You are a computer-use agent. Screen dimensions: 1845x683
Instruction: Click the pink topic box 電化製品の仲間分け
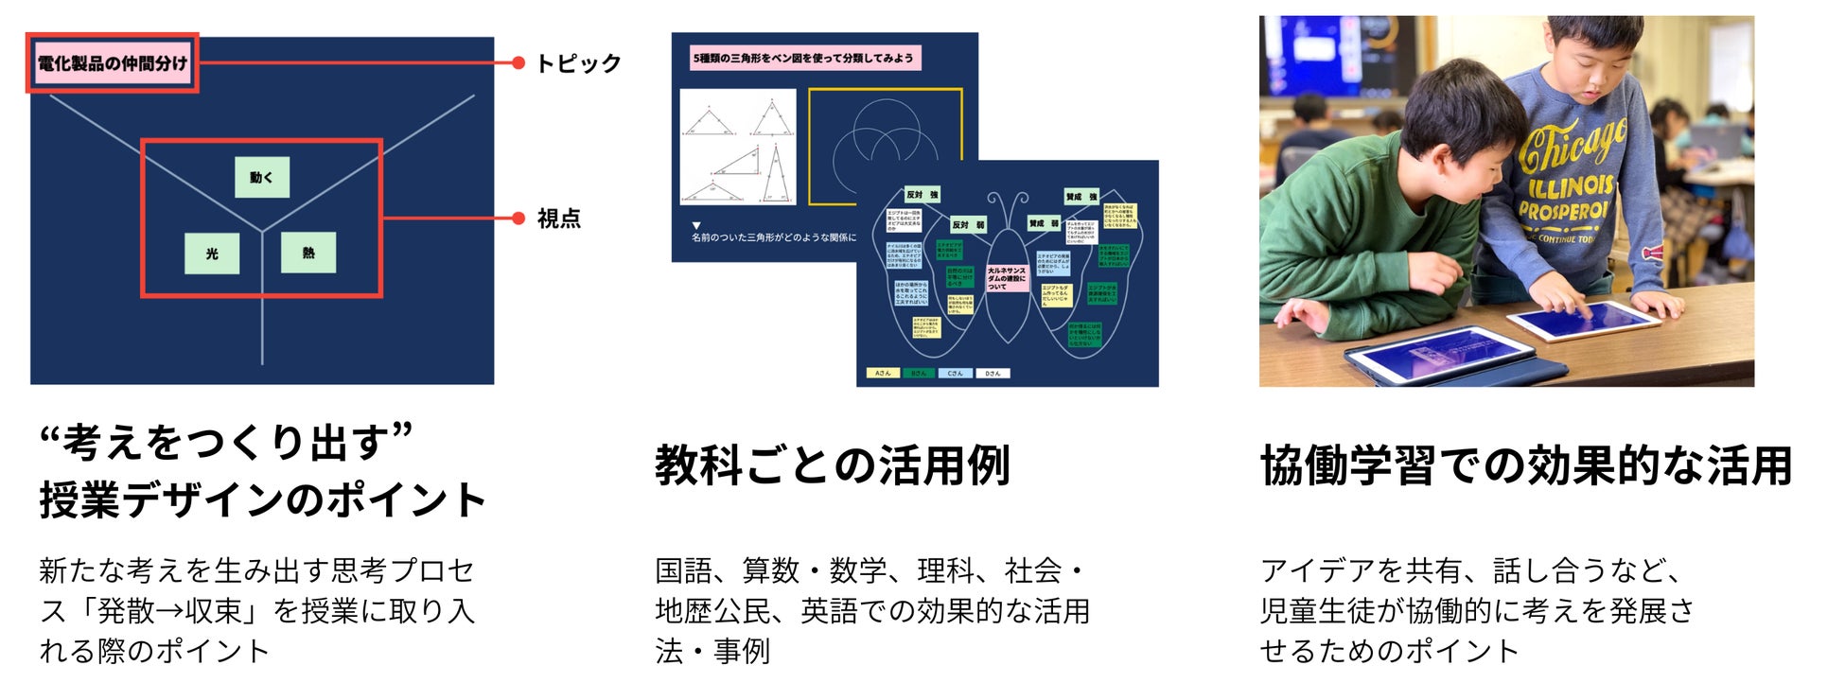[113, 63]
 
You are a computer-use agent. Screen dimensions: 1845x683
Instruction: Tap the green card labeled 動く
[262, 177]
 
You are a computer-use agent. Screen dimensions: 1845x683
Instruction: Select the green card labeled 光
[212, 253]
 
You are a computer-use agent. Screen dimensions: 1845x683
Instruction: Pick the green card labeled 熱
[308, 252]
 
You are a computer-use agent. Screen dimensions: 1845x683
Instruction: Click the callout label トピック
[578, 63]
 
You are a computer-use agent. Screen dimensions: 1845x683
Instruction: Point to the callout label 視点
[558, 219]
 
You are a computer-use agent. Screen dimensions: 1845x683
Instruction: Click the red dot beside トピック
[518, 63]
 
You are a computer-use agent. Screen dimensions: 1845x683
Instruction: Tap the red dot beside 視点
[518, 219]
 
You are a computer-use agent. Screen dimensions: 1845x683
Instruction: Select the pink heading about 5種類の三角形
[803, 58]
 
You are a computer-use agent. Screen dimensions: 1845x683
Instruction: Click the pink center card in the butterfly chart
[1006, 277]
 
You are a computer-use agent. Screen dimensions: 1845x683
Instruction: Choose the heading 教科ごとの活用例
[833, 465]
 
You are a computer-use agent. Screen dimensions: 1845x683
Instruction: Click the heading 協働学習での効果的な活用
[1526, 465]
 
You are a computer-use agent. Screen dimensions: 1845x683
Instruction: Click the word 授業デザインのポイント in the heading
[262, 499]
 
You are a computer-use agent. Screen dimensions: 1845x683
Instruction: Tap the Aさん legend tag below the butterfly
[883, 374]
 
